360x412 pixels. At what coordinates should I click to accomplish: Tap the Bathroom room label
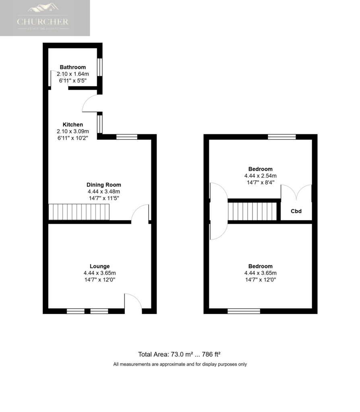(72, 67)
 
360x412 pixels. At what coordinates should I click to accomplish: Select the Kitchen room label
(72, 125)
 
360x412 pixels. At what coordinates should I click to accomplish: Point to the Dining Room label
(103, 185)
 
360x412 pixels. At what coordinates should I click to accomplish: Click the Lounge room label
(99, 266)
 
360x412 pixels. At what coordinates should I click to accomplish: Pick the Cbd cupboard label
(296, 211)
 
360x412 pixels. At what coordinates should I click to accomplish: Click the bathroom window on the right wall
(99, 67)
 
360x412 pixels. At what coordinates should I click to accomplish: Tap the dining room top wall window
(127, 137)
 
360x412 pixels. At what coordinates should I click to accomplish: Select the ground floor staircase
(79, 212)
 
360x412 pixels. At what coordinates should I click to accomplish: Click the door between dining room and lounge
(140, 213)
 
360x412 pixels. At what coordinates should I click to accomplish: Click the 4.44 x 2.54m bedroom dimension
(261, 176)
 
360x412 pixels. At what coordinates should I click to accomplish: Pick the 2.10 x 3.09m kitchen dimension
(72, 132)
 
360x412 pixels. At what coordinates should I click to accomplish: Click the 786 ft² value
(211, 354)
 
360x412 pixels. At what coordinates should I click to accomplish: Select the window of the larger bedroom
(244, 311)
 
